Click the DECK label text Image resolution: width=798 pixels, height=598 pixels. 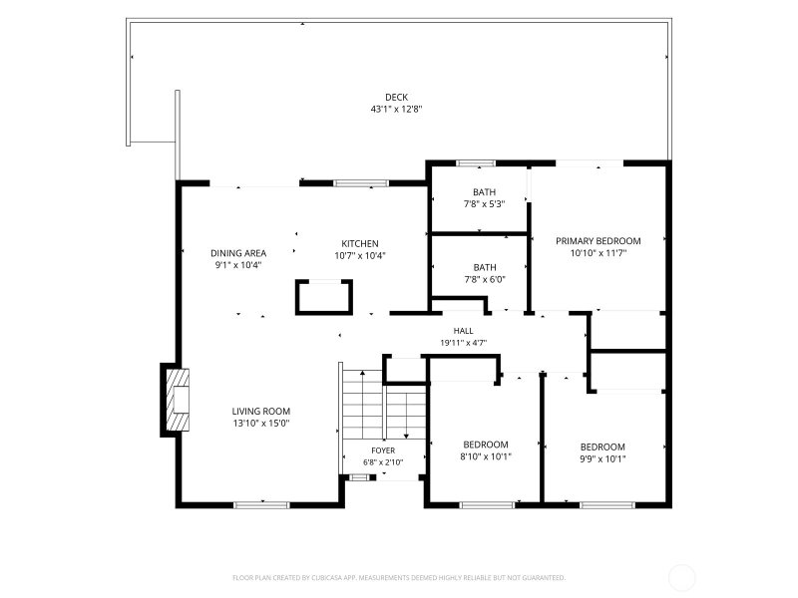[396, 97]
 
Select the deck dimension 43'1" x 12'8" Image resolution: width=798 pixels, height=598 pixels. [396, 109]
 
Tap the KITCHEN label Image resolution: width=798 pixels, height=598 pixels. [360, 243]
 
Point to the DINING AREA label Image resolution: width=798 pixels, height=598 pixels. [238, 253]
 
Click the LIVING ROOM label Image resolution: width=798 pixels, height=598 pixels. [261, 411]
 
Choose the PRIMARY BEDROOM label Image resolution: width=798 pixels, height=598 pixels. [598, 241]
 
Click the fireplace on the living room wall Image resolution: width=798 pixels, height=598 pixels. [176, 400]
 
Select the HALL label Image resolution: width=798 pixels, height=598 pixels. [463, 331]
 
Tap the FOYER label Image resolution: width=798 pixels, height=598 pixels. [383, 450]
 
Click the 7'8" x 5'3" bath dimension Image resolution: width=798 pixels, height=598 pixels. [484, 204]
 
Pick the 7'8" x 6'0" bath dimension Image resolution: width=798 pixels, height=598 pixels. [485, 279]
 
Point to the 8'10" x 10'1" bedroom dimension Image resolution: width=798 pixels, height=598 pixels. [486, 456]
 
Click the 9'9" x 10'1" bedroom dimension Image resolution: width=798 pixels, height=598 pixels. [602, 459]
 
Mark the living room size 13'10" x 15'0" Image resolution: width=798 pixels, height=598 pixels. [261, 423]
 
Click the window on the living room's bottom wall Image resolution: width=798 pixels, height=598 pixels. [261, 505]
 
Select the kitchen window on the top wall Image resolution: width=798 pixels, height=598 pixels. [361, 183]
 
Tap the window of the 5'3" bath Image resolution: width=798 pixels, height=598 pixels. [476, 163]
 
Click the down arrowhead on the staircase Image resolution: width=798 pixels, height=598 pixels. [406, 436]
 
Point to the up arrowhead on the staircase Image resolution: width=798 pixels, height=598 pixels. [362, 373]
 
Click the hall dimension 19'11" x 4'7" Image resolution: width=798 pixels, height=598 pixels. [463, 343]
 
